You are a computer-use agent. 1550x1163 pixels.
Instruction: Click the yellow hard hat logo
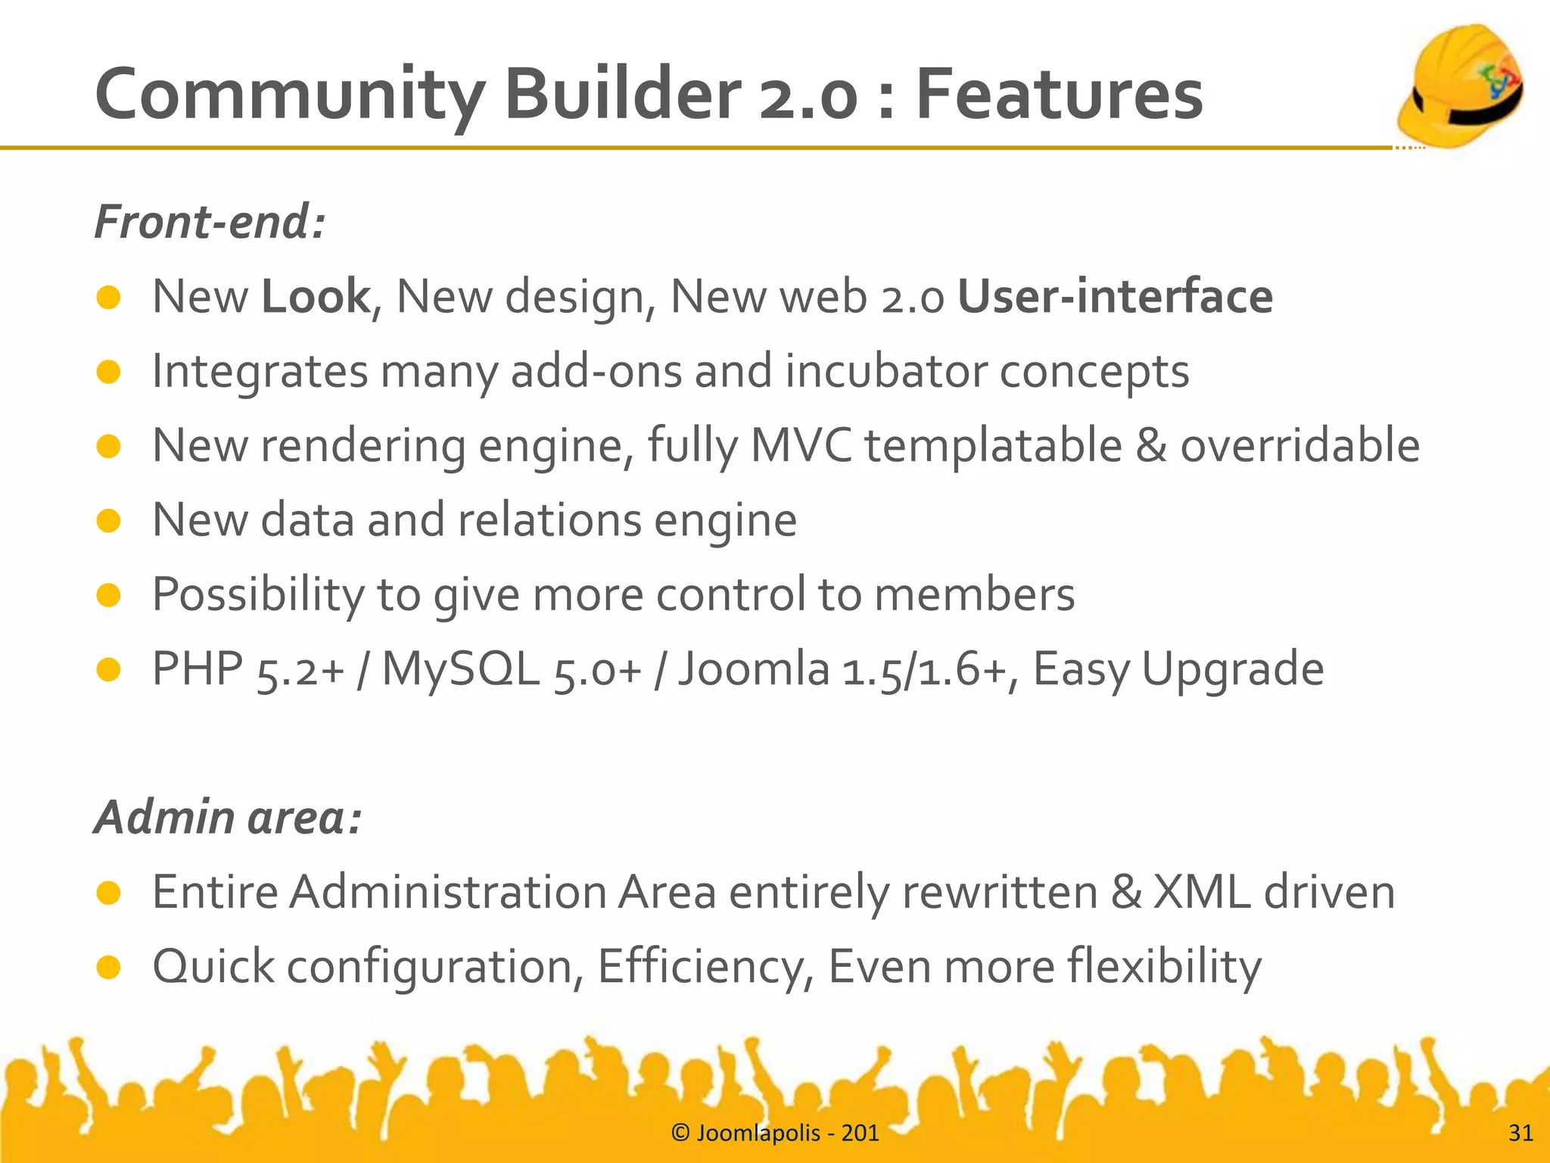pyautogui.click(x=1461, y=85)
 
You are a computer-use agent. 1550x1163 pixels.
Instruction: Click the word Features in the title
pyautogui.click(x=1059, y=95)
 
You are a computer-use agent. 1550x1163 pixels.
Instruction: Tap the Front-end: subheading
pyautogui.click(x=210, y=223)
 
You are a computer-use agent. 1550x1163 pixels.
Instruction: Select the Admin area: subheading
pyautogui.click(x=228, y=818)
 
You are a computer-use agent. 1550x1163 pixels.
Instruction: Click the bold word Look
pyautogui.click(x=315, y=296)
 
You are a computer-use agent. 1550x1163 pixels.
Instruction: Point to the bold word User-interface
pyautogui.click(x=1115, y=296)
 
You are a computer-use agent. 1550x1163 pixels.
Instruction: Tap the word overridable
pyautogui.click(x=1299, y=445)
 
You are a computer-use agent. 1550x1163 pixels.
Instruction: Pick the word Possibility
pyautogui.click(x=258, y=594)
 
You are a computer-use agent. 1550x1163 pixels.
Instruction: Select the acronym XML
pyautogui.click(x=1201, y=892)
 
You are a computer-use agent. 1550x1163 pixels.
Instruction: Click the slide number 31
pyautogui.click(x=1520, y=1133)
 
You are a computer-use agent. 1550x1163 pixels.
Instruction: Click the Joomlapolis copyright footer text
pyautogui.click(x=775, y=1133)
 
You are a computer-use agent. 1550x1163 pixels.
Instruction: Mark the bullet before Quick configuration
pyautogui.click(x=109, y=967)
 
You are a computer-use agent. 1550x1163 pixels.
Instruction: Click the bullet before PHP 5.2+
pyautogui.click(x=109, y=669)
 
